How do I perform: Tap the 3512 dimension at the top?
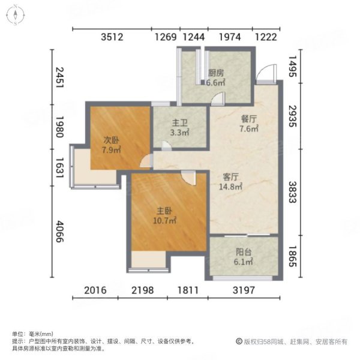[112, 37]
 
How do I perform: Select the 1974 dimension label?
[229, 37]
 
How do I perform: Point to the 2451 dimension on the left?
[59, 79]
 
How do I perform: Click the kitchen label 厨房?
[216, 73]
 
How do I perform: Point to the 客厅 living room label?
[232, 177]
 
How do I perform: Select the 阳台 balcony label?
[244, 253]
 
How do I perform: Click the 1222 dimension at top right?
[266, 37]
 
